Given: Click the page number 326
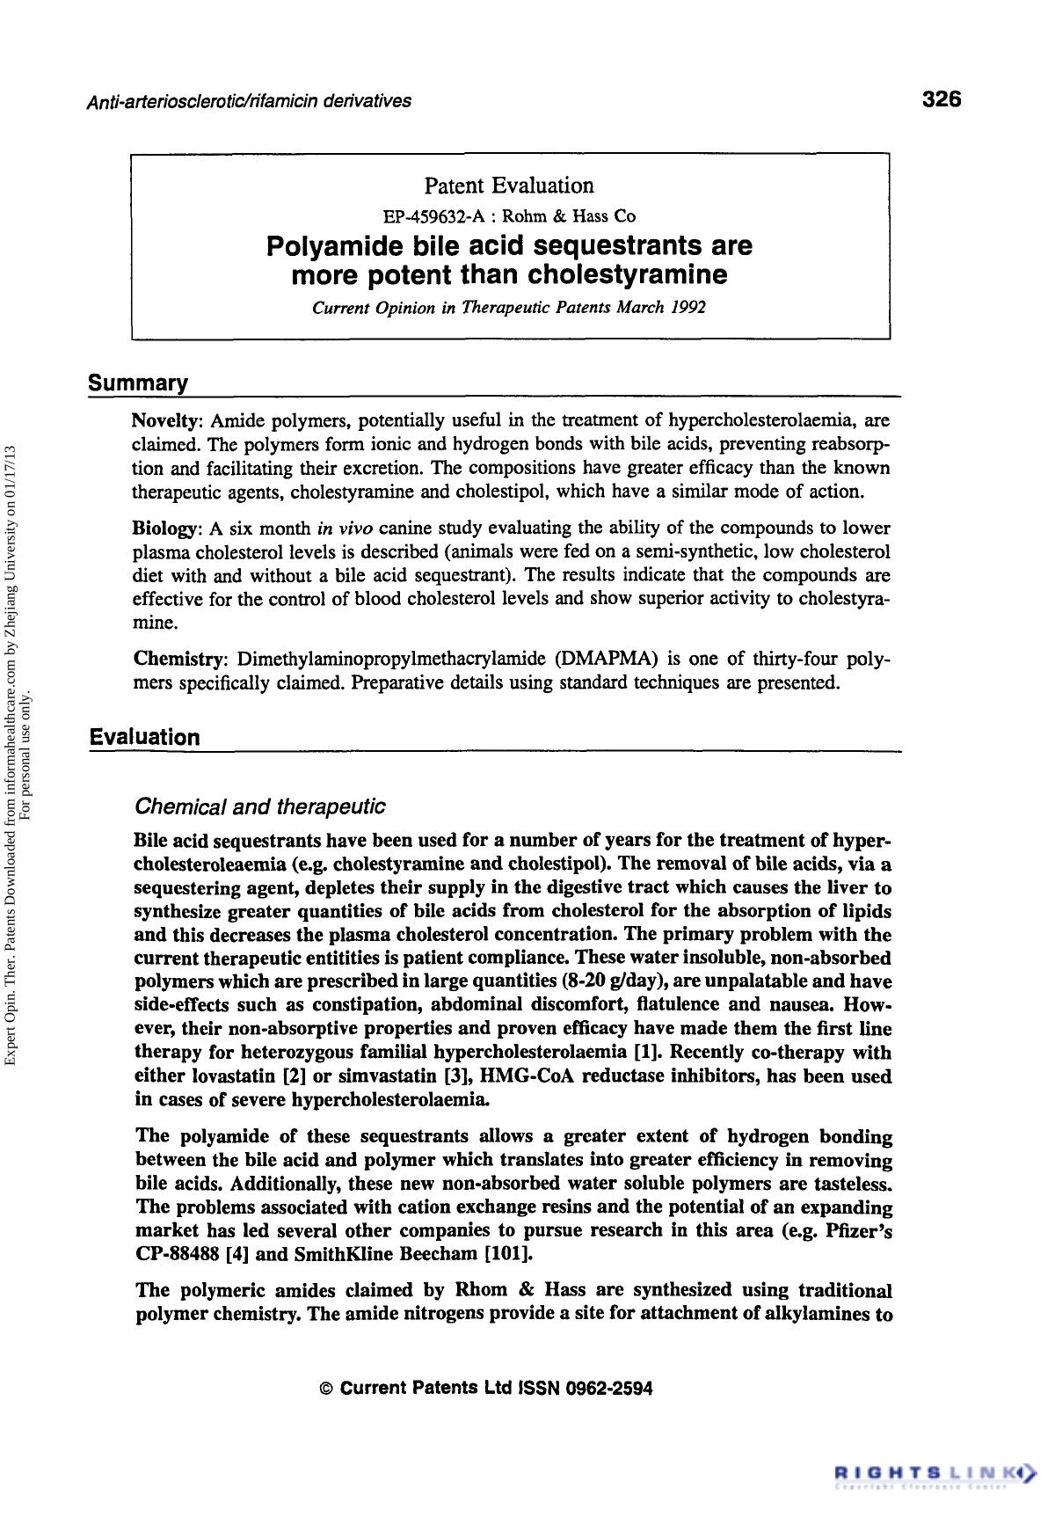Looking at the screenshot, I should click(x=942, y=98).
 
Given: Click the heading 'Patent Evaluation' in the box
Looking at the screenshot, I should click(x=509, y=186).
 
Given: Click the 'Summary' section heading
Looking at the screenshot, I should click(x=138, y=383).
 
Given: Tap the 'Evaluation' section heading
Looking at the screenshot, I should click(x=144, y=737).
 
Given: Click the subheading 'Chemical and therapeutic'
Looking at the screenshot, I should click(x=259, y=806).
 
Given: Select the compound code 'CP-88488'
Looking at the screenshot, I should click(x=178, y=1253).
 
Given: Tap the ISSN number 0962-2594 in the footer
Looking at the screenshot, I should click(x=610, y=1389).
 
